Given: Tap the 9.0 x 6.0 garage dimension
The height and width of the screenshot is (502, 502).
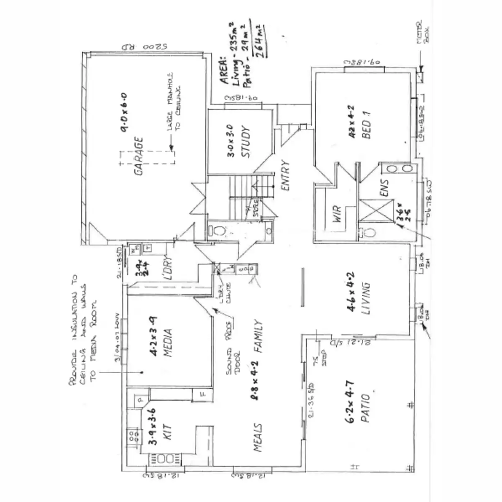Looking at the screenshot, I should [124, 112].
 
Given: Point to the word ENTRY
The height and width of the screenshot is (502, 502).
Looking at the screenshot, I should [286, 176].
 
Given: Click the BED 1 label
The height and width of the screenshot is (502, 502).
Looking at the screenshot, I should [367, 123].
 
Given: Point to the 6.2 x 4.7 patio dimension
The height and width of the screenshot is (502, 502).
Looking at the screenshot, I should [351, 402].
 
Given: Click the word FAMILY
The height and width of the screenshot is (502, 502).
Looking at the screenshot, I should [258, 337].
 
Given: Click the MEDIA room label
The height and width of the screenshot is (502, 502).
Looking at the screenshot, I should [168, 343].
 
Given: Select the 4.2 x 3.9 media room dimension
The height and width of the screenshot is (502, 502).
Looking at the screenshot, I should [154, 337].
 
